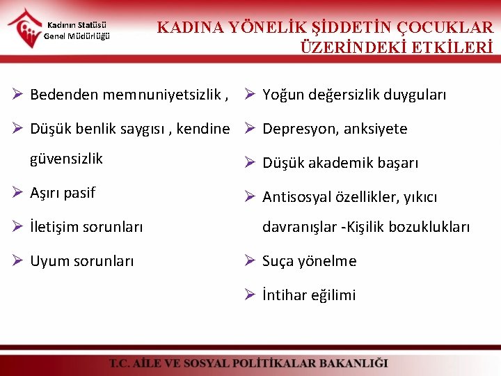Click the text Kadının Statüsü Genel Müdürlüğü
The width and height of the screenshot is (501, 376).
pyautogui.click(x=77, y=31)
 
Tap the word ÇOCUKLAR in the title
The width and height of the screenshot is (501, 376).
pyautogui.click(x=445, y=28)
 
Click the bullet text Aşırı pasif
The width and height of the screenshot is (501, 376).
pyautogui.click(x=63, y=193)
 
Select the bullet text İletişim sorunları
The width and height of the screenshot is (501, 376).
pyautogui.click(x=86, y=227)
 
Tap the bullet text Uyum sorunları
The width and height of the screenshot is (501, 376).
pyautogui.click(x=82, y=261)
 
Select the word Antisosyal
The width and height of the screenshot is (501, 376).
pyautogui.click(x=296, y=197)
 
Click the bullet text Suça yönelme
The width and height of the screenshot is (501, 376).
pyautogui.click(x=309, y=261)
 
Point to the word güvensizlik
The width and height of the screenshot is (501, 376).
pyautogui.click(x=66, y=159)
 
